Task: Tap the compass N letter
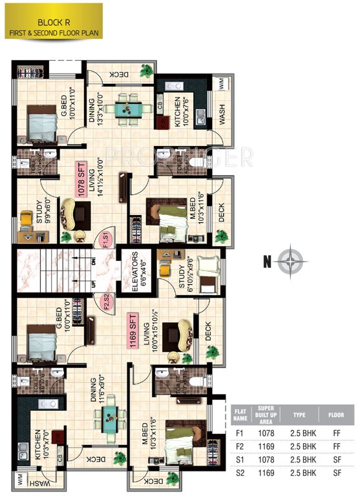tap(265, 262)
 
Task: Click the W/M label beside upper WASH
tap(221, 85)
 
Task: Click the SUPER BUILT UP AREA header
tap(267, 413)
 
